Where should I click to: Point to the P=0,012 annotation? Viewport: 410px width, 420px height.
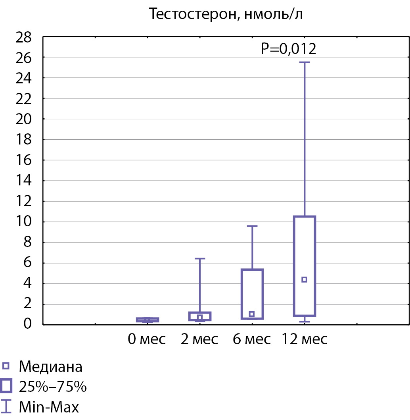[288, 49]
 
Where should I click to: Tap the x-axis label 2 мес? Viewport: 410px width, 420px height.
[199, 339]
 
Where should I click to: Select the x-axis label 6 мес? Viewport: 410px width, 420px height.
[252, 339]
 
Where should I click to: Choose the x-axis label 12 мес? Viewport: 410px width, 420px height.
[305, 339]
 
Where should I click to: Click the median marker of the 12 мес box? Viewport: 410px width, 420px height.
[305, 279]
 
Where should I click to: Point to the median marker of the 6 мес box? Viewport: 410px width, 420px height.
[252, 314]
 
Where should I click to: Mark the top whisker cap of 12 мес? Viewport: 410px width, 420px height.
[305, 62]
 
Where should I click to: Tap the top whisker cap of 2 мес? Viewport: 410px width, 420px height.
[199, 258]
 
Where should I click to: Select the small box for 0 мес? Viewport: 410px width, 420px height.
[148, 320]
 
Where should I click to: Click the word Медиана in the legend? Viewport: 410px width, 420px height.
[51, 367]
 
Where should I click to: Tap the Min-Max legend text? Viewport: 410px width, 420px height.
[49, 407]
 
